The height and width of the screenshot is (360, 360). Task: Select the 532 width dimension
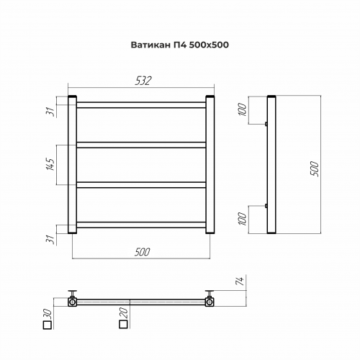pos(143,81)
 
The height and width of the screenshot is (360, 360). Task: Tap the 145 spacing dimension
pos(50,166)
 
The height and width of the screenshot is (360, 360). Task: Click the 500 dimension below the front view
pos(142,251)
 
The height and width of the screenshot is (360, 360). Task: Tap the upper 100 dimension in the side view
pos(243,109)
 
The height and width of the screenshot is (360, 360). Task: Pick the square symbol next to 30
pos(48,325)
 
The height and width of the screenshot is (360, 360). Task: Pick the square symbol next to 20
pos(122,325)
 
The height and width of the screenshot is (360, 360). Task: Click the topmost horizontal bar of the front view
pos(142,104)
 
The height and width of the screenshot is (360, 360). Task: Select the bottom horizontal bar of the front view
pos(142,225)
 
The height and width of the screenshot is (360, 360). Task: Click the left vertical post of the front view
pos(72,165)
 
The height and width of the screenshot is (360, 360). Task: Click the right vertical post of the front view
pos(211,165)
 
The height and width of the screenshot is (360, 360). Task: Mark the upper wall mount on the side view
pos(266,124)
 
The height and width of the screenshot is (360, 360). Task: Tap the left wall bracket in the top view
pos(73,299)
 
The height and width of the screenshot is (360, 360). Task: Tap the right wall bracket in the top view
pos(210,299)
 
